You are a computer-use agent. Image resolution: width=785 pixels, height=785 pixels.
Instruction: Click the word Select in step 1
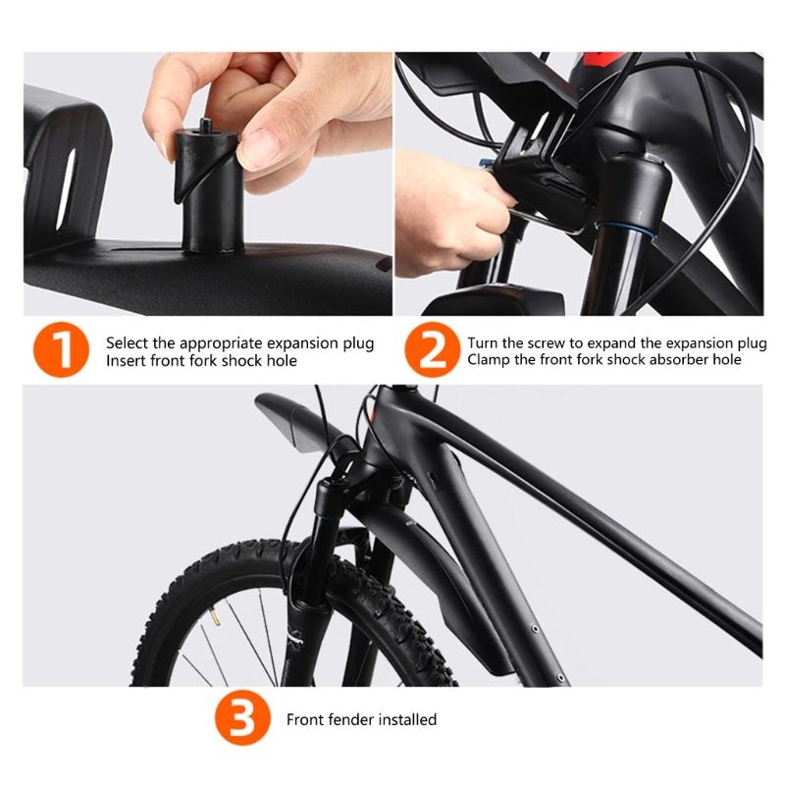127,343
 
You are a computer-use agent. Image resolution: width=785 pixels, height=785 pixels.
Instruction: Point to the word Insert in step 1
127,360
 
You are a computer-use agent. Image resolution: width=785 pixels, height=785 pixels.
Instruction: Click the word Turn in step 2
484,343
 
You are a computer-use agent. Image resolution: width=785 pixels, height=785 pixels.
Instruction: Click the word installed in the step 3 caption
404,719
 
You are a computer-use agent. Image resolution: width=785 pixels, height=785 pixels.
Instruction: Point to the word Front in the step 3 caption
305,719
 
